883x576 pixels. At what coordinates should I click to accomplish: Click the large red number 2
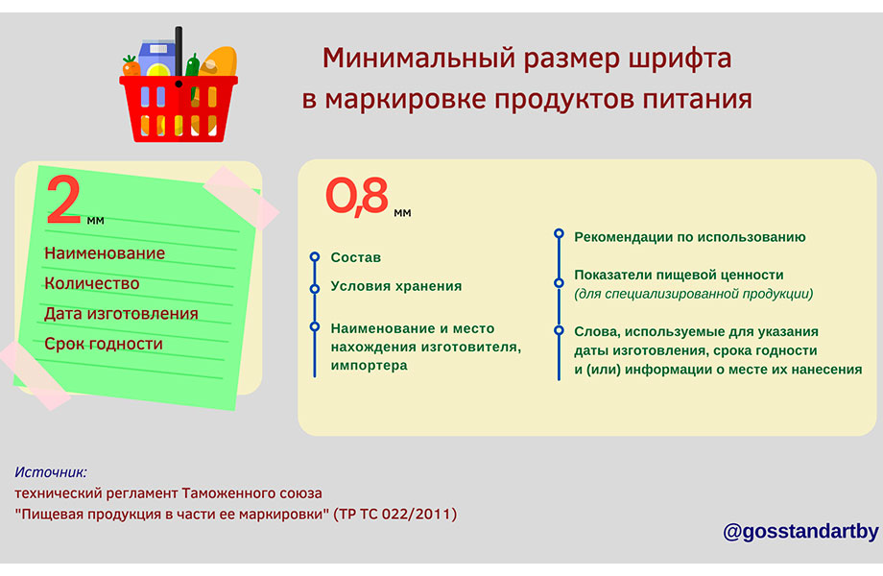tap(63, 200)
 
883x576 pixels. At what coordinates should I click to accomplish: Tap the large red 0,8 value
tap(357, 196)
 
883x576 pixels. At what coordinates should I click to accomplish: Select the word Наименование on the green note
tap(105, 253)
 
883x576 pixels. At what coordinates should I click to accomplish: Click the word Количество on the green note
tap(92, 283)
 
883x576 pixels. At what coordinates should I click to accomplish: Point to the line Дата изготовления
tap(121, 314)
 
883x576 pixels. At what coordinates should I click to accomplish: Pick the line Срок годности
tap(104, 344)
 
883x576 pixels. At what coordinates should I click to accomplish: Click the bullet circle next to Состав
tap(315, 257)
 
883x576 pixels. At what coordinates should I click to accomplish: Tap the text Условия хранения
tap(395, 286)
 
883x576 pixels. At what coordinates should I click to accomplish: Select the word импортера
tap(369, 366)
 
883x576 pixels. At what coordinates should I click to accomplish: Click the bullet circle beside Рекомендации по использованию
tap(559, 233)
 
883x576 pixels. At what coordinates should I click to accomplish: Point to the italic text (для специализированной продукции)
tap(694, 294)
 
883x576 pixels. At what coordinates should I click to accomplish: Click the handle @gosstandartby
tap(800, 531)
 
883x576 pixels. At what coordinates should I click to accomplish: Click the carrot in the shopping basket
tap(131, 66)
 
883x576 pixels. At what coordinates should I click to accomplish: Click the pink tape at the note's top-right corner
tap(241, 197)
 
